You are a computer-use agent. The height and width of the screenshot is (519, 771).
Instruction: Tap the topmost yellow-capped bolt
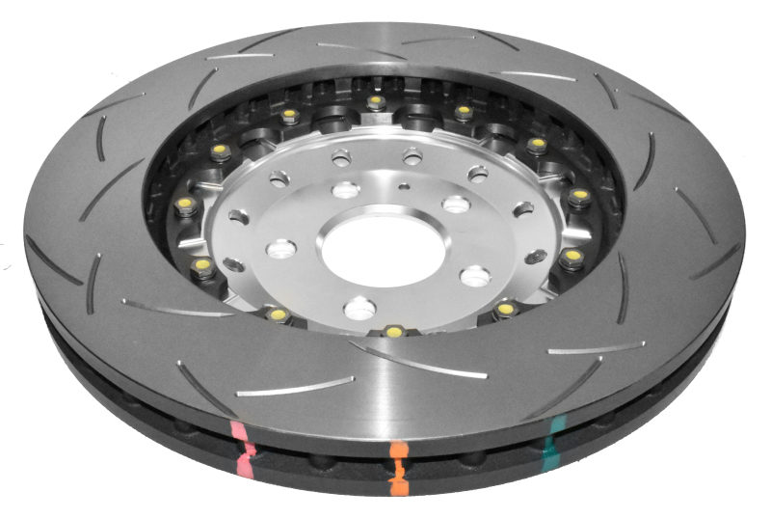tap(375, 101)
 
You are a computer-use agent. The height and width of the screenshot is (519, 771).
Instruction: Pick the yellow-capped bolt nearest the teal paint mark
tap(505, 309)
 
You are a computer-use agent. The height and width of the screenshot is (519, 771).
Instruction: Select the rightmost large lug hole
tap(474, 276)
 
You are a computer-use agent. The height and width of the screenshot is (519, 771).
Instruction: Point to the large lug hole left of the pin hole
tap(346, 189)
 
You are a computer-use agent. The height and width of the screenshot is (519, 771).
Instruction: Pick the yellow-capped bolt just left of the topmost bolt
tap(289, 116)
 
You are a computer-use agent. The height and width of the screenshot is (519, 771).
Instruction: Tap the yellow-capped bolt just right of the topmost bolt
tap(463, 112)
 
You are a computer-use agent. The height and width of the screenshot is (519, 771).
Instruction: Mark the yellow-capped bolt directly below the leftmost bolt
tap(202, 262)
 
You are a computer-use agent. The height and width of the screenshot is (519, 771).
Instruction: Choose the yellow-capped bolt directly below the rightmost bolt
tap(572, 256)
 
